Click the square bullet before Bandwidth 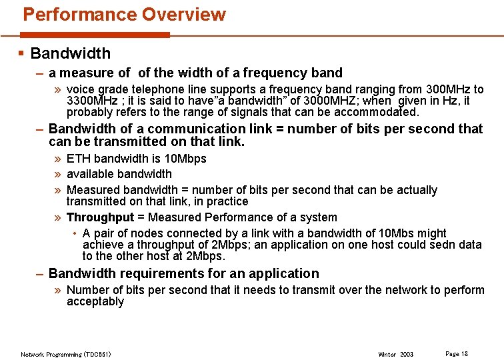tap(21, 53)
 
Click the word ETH tap(79, 159)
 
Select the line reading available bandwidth tap(119, 174)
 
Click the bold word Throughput tap(100, 217)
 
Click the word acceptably tap(95, 301)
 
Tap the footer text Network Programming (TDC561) tap(66, 354)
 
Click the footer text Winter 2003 tap(395, 354)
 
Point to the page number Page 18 tap(456, 353)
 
